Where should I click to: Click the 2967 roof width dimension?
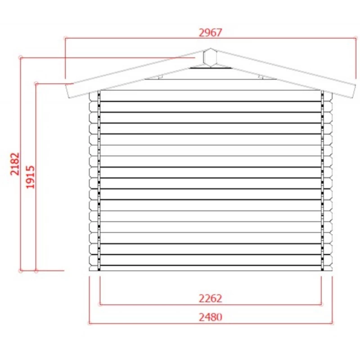tap(210, 32)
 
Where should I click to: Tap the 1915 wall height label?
tap(31, 176)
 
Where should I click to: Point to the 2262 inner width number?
tap(210, 298)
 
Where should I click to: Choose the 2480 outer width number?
tap(210, 317)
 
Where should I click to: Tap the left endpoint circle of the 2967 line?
tap(65, 38)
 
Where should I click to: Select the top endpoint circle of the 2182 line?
tap(20, 57)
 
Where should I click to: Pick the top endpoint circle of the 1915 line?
tap(36, 83)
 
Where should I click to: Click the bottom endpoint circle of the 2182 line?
tap(20, 270)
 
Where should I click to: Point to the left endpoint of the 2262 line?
tap(99, 304)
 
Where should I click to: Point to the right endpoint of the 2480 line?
tap(332, 323)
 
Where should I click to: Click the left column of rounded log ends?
tap(94, 180)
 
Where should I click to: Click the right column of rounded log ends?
tap(328, 180)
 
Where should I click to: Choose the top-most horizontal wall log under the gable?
tap(210, 96)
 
